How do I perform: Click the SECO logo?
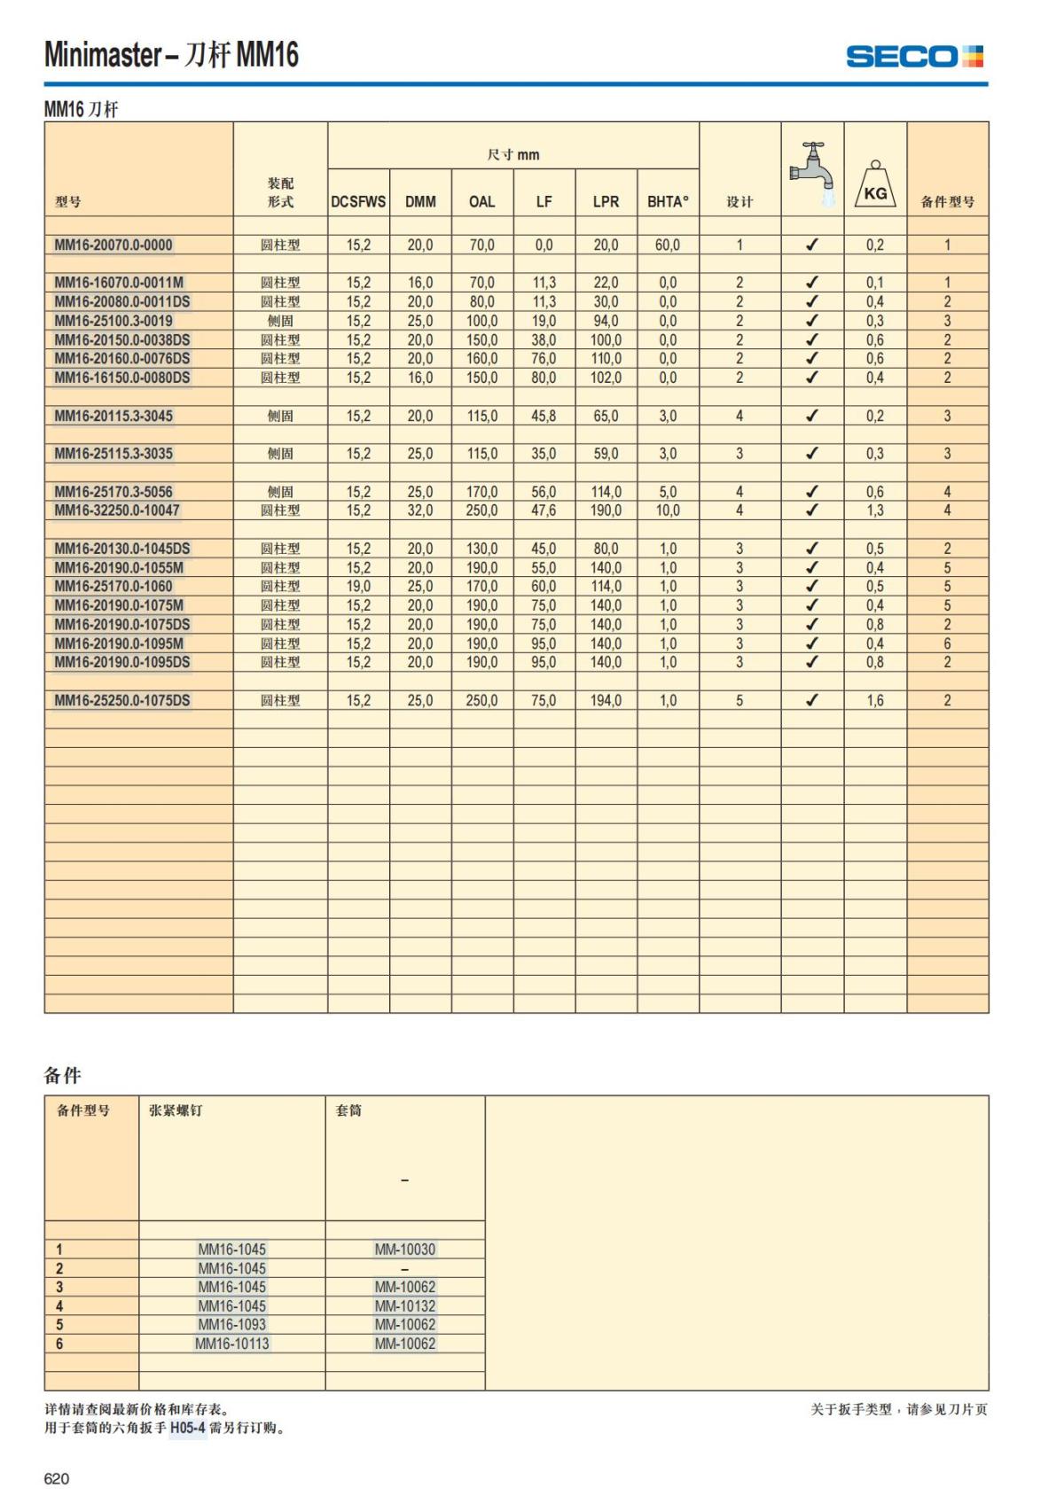tap(914, 57)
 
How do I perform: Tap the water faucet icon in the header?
tap(813, 175)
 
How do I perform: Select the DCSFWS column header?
tap(358, 202)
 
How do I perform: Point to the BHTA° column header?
tap(668, 202)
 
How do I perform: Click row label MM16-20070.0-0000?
tap(113, 245)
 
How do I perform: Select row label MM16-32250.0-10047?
tap(117, 510)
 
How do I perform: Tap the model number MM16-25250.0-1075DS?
tap(122, 700)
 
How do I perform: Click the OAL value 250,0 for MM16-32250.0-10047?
tap(481, 510)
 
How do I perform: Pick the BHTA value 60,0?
tap(668, 245)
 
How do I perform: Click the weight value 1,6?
tap(875, 700)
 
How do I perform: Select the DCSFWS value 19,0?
tap(358, 587)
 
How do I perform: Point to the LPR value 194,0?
tap(606, 700)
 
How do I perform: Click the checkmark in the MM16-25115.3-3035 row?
tap(811, 454)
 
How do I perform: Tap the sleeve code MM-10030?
tap(404, 1250)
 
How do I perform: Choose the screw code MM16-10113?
tap(231, 1344)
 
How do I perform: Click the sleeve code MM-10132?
tap(404, 1305)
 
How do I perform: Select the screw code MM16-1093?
tap(231, 1325)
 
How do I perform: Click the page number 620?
tap(57, 1478)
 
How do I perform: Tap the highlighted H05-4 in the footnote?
tap(187, 1428)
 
